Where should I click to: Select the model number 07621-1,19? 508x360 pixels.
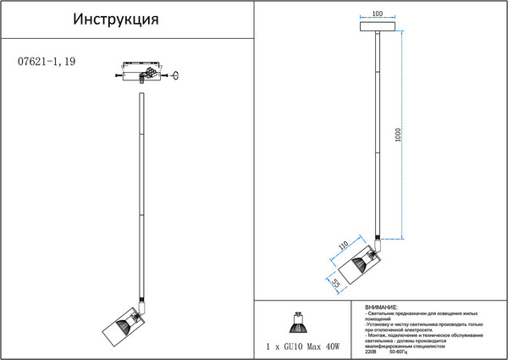47,62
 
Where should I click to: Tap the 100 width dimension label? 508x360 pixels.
378,14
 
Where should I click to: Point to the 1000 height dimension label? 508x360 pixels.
397,136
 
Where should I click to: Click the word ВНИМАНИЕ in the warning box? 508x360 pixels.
382,307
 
